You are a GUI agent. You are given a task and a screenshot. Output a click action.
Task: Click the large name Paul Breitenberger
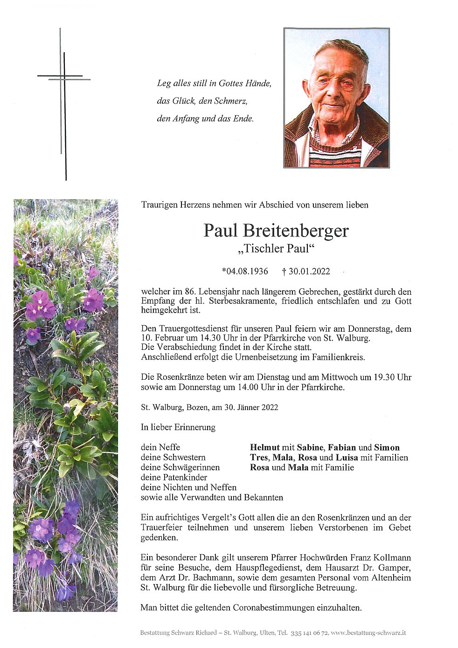[x=276, y=231]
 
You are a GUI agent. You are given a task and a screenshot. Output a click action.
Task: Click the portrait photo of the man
[x=336, y=98]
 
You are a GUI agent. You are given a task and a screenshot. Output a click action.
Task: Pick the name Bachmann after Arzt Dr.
[x=205, y=578]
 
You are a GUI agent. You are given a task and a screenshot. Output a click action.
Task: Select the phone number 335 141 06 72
[x=310, y=633]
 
